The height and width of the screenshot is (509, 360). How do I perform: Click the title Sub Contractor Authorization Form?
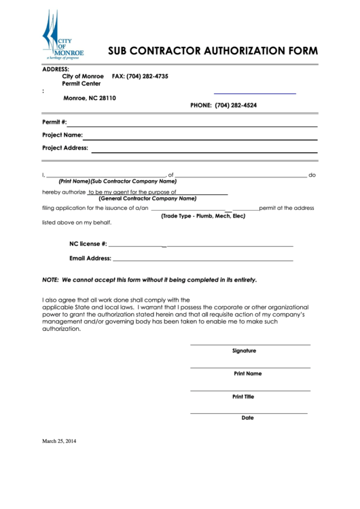[213, 51]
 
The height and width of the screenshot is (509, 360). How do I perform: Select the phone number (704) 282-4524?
[236, 105]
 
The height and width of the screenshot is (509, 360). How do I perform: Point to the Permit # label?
[54, 122]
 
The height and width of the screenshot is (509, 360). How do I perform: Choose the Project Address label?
[65, 147]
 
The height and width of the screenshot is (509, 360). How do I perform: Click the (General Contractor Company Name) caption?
[147, 198]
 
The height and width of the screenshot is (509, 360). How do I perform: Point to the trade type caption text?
[203, 215]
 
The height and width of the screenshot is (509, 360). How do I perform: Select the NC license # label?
[88, 243]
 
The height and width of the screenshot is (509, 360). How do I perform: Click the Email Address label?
[90, 258]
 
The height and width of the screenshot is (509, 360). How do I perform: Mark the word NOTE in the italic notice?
[50, 279]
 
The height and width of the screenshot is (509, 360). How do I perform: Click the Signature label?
[244, 351]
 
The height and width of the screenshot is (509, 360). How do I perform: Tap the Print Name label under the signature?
[247, 374]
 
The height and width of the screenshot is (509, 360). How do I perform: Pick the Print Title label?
[243, 396]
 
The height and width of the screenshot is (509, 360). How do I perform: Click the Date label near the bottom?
[247, 418]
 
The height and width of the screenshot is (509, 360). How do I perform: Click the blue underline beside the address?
[255, 93]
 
